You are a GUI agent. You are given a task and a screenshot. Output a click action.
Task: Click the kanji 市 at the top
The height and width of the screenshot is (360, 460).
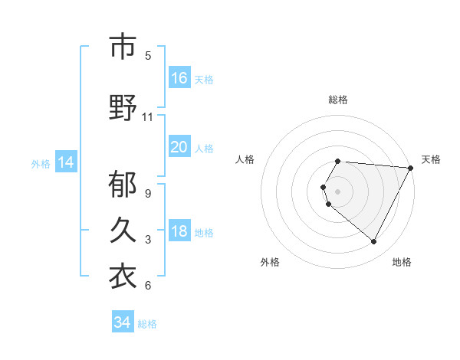123,47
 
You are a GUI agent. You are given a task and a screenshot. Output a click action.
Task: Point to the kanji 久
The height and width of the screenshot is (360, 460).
123,231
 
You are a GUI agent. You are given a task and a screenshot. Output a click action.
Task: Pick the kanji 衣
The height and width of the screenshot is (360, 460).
123,277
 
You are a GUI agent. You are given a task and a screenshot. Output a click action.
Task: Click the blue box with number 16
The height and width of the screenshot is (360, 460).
179,77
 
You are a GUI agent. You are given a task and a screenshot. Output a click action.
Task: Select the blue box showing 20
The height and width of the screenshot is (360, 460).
179,146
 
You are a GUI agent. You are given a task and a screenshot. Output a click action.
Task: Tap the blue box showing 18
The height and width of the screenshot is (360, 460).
179,232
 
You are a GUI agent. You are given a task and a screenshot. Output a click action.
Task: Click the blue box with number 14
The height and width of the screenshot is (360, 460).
66,162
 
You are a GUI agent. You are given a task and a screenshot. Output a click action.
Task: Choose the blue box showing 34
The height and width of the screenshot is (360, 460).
122,322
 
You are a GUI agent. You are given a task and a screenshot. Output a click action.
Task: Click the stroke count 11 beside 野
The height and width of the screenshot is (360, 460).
148,117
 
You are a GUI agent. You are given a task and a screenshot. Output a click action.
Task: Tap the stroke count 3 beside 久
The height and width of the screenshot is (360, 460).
148,240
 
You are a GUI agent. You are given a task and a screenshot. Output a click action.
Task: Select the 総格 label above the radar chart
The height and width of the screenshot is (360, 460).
338,100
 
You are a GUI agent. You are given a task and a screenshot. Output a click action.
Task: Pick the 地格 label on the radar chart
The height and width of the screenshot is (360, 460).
402,262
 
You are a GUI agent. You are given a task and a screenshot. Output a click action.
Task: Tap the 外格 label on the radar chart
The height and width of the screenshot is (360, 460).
270,262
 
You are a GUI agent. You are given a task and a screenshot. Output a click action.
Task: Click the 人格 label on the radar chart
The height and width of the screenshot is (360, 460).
245,159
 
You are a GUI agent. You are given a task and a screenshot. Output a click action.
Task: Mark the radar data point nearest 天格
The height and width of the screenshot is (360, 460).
412,168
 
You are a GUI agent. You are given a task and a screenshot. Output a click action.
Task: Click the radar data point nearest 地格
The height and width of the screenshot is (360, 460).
373,242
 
